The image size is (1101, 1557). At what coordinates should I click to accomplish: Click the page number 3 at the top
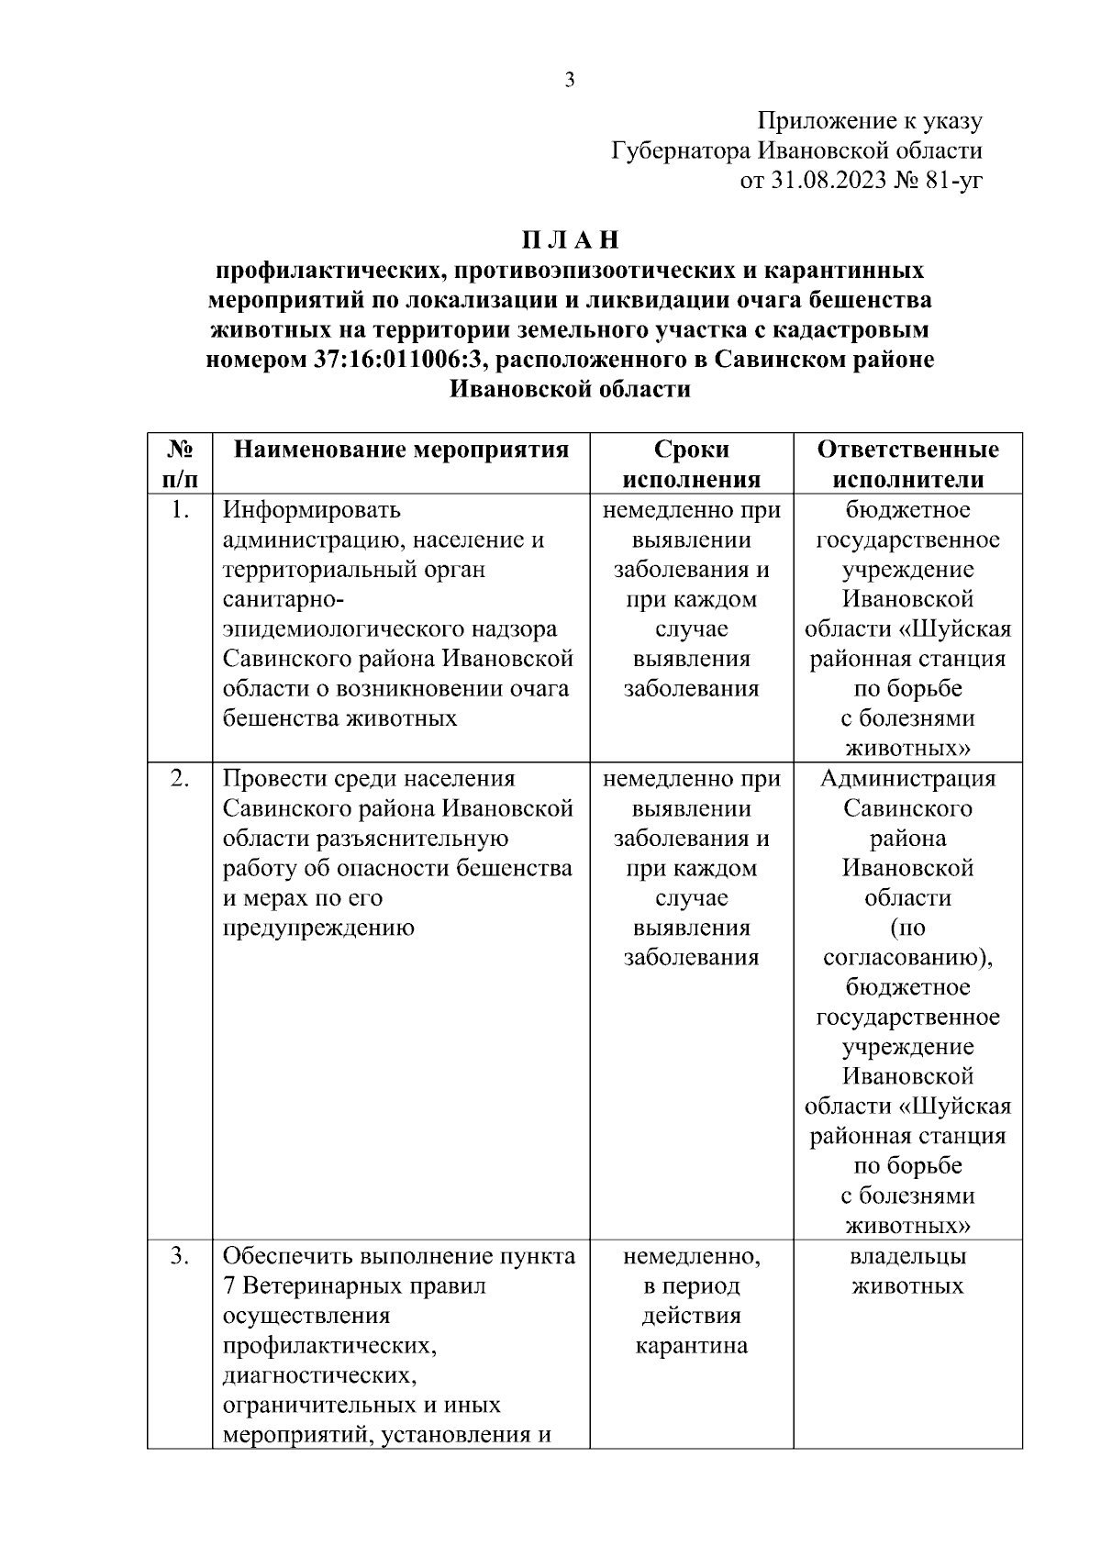click(569, 81)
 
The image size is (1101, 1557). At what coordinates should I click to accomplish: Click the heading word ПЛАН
click(571, 240)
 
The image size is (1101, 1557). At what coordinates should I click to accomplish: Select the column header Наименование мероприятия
click(401, 450)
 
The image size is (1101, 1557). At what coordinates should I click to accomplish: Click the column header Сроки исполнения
click(692, 464)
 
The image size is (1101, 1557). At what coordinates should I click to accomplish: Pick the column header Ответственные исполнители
click(907, 464)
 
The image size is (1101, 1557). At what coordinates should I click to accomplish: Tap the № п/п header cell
click(180, 464)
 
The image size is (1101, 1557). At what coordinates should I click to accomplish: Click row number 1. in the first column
click(180, 509)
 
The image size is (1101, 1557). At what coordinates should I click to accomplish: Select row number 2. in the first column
click(180, 778)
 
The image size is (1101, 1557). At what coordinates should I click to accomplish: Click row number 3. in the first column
click(180, 1256)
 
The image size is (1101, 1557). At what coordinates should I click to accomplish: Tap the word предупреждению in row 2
click(318, 928)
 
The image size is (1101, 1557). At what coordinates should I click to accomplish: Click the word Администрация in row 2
click(907, 778)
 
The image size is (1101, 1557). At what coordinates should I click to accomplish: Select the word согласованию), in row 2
click(907, 958)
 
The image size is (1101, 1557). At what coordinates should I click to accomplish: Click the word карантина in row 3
click(692, 1346)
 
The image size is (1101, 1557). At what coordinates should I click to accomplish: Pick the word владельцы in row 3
click(907, 1256)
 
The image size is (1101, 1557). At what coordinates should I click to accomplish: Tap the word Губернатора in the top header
click(680, 150)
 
